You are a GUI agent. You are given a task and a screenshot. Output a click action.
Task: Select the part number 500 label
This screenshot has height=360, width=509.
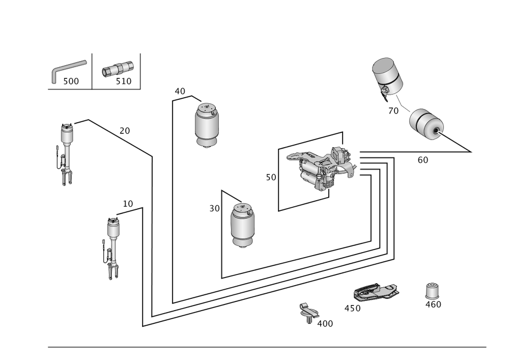71,81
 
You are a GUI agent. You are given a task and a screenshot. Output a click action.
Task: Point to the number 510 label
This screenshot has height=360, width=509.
124,81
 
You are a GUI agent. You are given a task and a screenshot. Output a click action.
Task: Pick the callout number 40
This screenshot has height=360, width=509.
180,91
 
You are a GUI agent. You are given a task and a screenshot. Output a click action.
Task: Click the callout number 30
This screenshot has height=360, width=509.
214,208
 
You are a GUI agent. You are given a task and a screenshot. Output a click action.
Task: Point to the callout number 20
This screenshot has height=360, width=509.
125,130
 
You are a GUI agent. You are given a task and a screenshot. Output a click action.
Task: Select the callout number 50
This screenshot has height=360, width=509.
270,178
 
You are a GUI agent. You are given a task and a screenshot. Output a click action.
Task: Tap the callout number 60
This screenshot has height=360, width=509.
422,159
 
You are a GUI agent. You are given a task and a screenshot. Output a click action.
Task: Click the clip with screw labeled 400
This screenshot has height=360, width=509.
307,311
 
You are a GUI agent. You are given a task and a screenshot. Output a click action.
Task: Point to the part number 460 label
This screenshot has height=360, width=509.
433,304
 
